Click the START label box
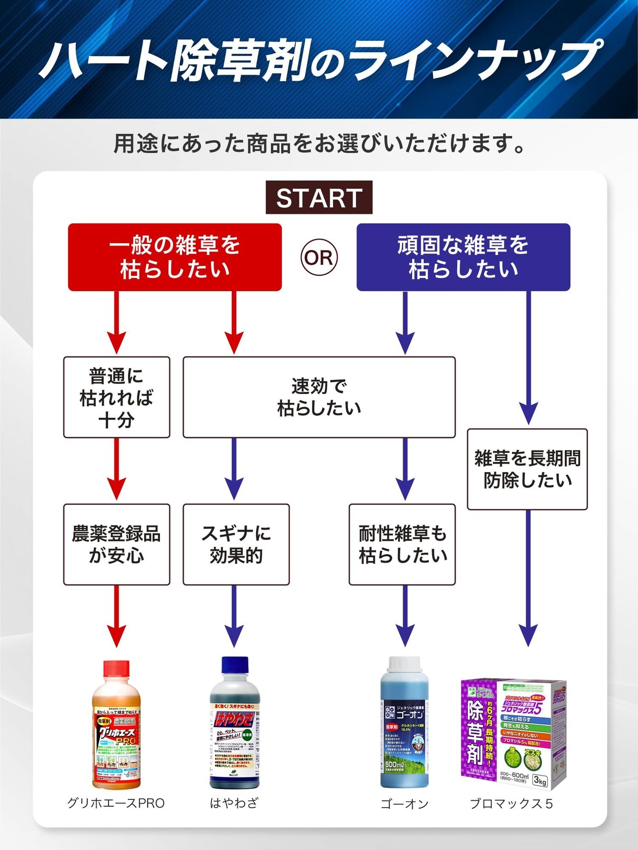pos(319,198)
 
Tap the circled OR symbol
pos(319,257)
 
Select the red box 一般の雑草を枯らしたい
pos(175,257)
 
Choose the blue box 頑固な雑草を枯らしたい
pos(463,257)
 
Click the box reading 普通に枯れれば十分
pos(117,397)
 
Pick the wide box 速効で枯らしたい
pos(319,397)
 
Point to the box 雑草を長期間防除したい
pos(527,469)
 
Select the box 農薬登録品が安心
pos(117,544)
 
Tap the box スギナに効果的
pos(236,544)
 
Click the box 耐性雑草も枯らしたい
pos(402,544)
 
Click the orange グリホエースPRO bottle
pos(117,732)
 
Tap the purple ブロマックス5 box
pos(513,734)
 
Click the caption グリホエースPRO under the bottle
pos(116,803)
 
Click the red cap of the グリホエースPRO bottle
pos(117,669)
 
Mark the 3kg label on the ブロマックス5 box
pos(540,780)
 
